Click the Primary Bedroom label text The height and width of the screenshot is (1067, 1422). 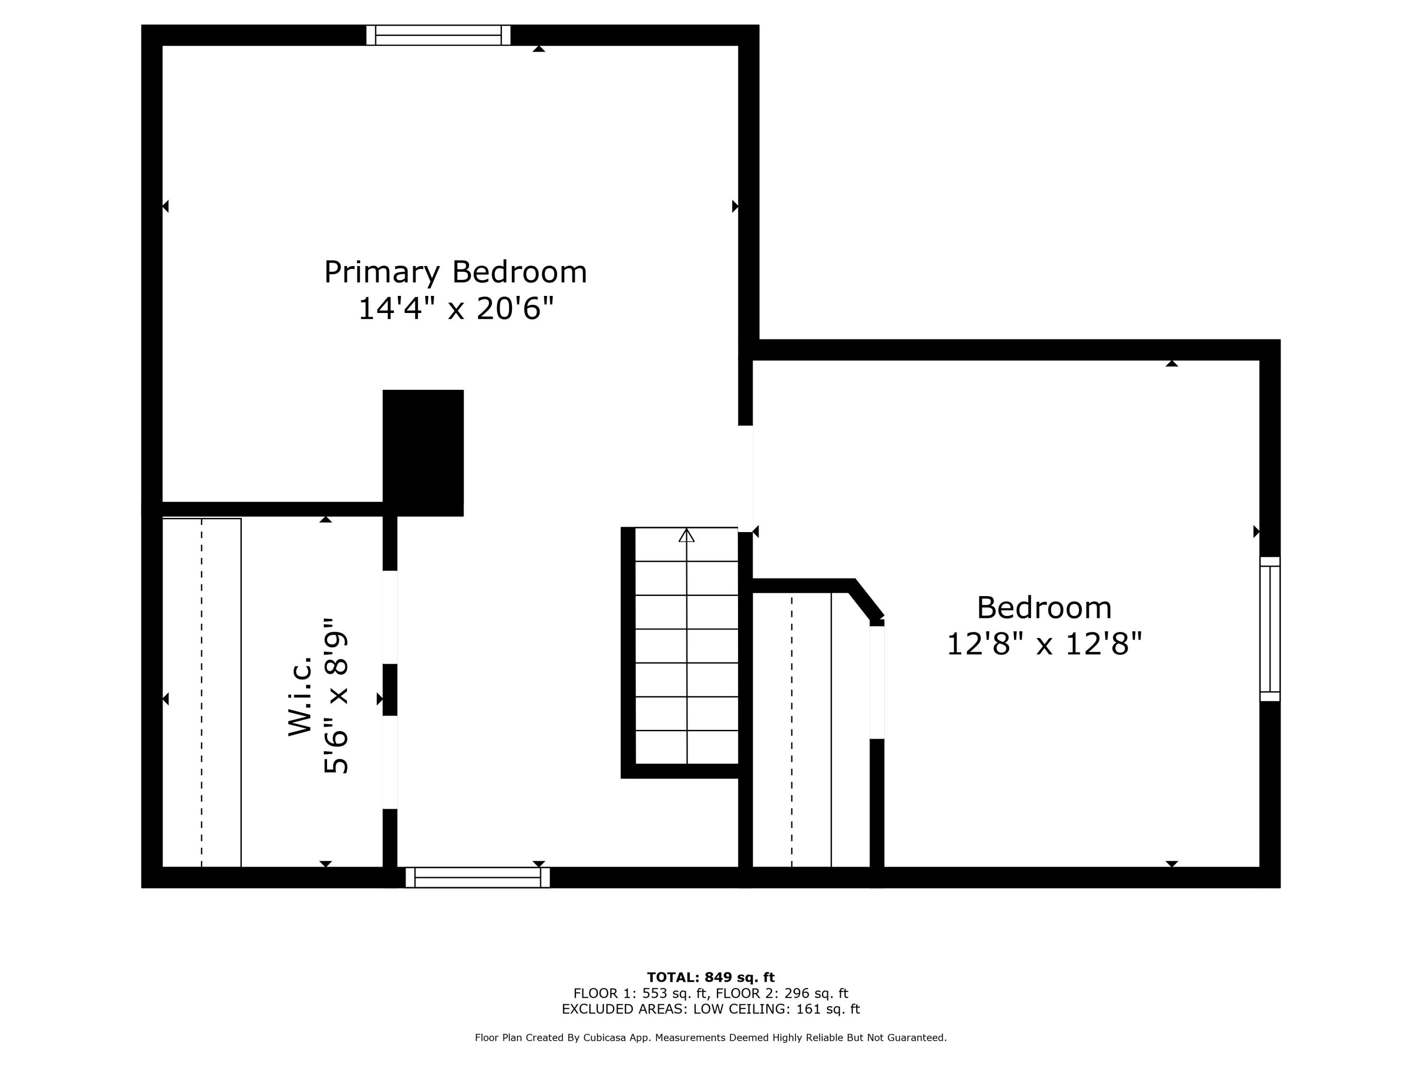pyautogui.click(x=455, y=272)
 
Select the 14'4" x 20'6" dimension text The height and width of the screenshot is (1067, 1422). pyautogui.click(x=455, y=309)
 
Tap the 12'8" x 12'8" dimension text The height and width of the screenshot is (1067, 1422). pyautogui.click(x=1044, y=644)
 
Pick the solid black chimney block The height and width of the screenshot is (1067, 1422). pyautogui.click(x=423, y=452)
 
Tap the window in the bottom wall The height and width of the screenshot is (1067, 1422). pyautogui.click(x=478, y=877)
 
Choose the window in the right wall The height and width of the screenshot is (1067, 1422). pyautogui.click(x=1270, y=628)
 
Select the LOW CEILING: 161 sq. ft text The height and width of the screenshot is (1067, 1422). pyautogui.click(x=776, y=1009)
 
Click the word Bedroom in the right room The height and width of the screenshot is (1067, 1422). pyautogui.click(x=1044, y=608)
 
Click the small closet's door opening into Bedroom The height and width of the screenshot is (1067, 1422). pyautogui.click(x=877, y=682)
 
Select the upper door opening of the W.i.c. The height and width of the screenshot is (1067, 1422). pyautogui.click(x=390, y=617)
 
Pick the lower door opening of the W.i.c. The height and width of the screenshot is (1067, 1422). pyautogui.click(x=390, y=762)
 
